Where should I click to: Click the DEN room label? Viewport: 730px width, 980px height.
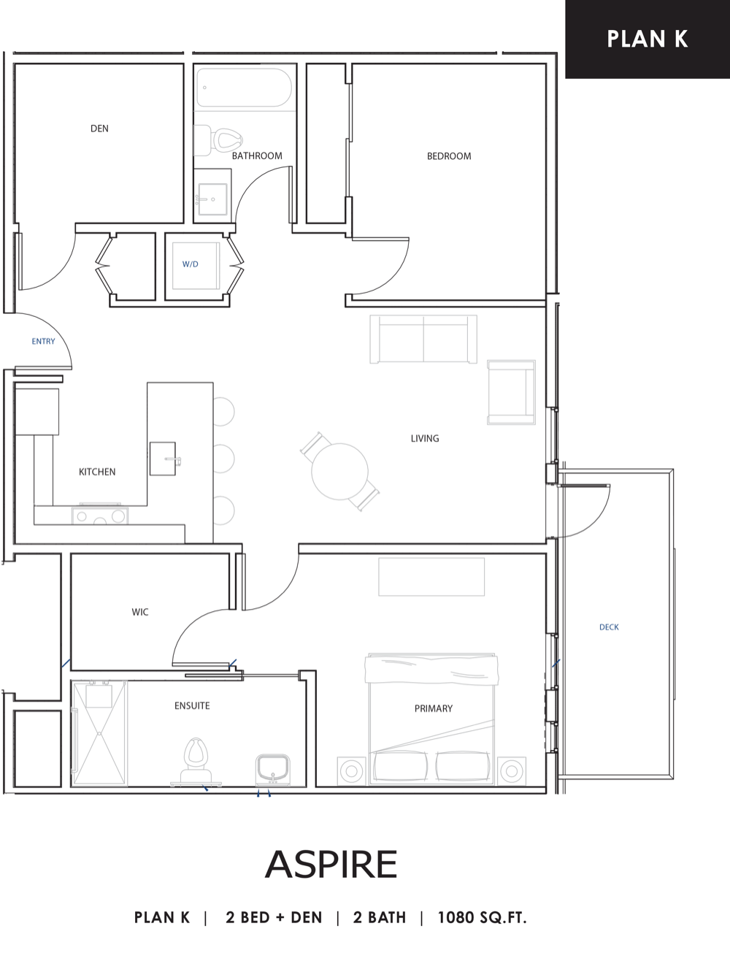pos(99,129)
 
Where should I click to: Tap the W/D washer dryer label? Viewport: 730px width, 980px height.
pos(191,264)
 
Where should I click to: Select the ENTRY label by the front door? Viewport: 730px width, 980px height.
pos(43,341)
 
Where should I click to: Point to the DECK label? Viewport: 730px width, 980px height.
pos(609,627)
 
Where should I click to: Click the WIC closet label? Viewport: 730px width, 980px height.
pos(140,612)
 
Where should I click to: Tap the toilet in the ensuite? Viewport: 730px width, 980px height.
pos(196,762)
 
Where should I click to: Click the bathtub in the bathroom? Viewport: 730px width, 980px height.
pos(245,88)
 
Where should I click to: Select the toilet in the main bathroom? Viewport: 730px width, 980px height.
pos(218,140)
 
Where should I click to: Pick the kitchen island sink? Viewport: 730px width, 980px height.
pos(164,459)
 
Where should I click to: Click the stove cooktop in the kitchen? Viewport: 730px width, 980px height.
pos(100,516)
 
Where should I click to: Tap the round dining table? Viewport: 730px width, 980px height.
pos(339,472)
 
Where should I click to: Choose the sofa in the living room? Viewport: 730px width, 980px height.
pos(423,340)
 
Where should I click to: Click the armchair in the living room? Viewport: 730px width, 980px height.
pos(511,392)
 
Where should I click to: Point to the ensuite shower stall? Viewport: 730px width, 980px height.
pos(99,733)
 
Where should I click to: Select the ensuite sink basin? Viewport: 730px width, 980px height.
pos(273,770)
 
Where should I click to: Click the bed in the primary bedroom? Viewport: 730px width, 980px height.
pos(431,719)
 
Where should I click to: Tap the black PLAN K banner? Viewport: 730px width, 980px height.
pos(648,39)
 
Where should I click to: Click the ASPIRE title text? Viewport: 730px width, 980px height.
pos(331,864)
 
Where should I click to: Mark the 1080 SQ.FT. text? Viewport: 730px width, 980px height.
pos(482,918)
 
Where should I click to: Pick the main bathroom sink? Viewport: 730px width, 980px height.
pos(212,199)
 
